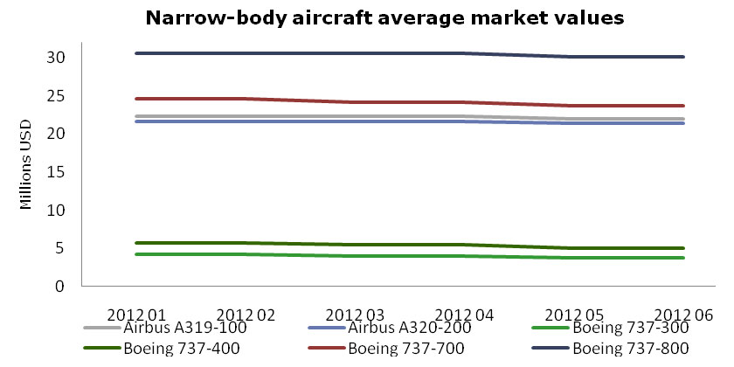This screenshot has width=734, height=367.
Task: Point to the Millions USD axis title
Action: point(26,163)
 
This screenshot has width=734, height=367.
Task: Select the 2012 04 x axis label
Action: point(462,314)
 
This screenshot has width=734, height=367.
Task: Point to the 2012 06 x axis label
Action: point(683,314)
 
